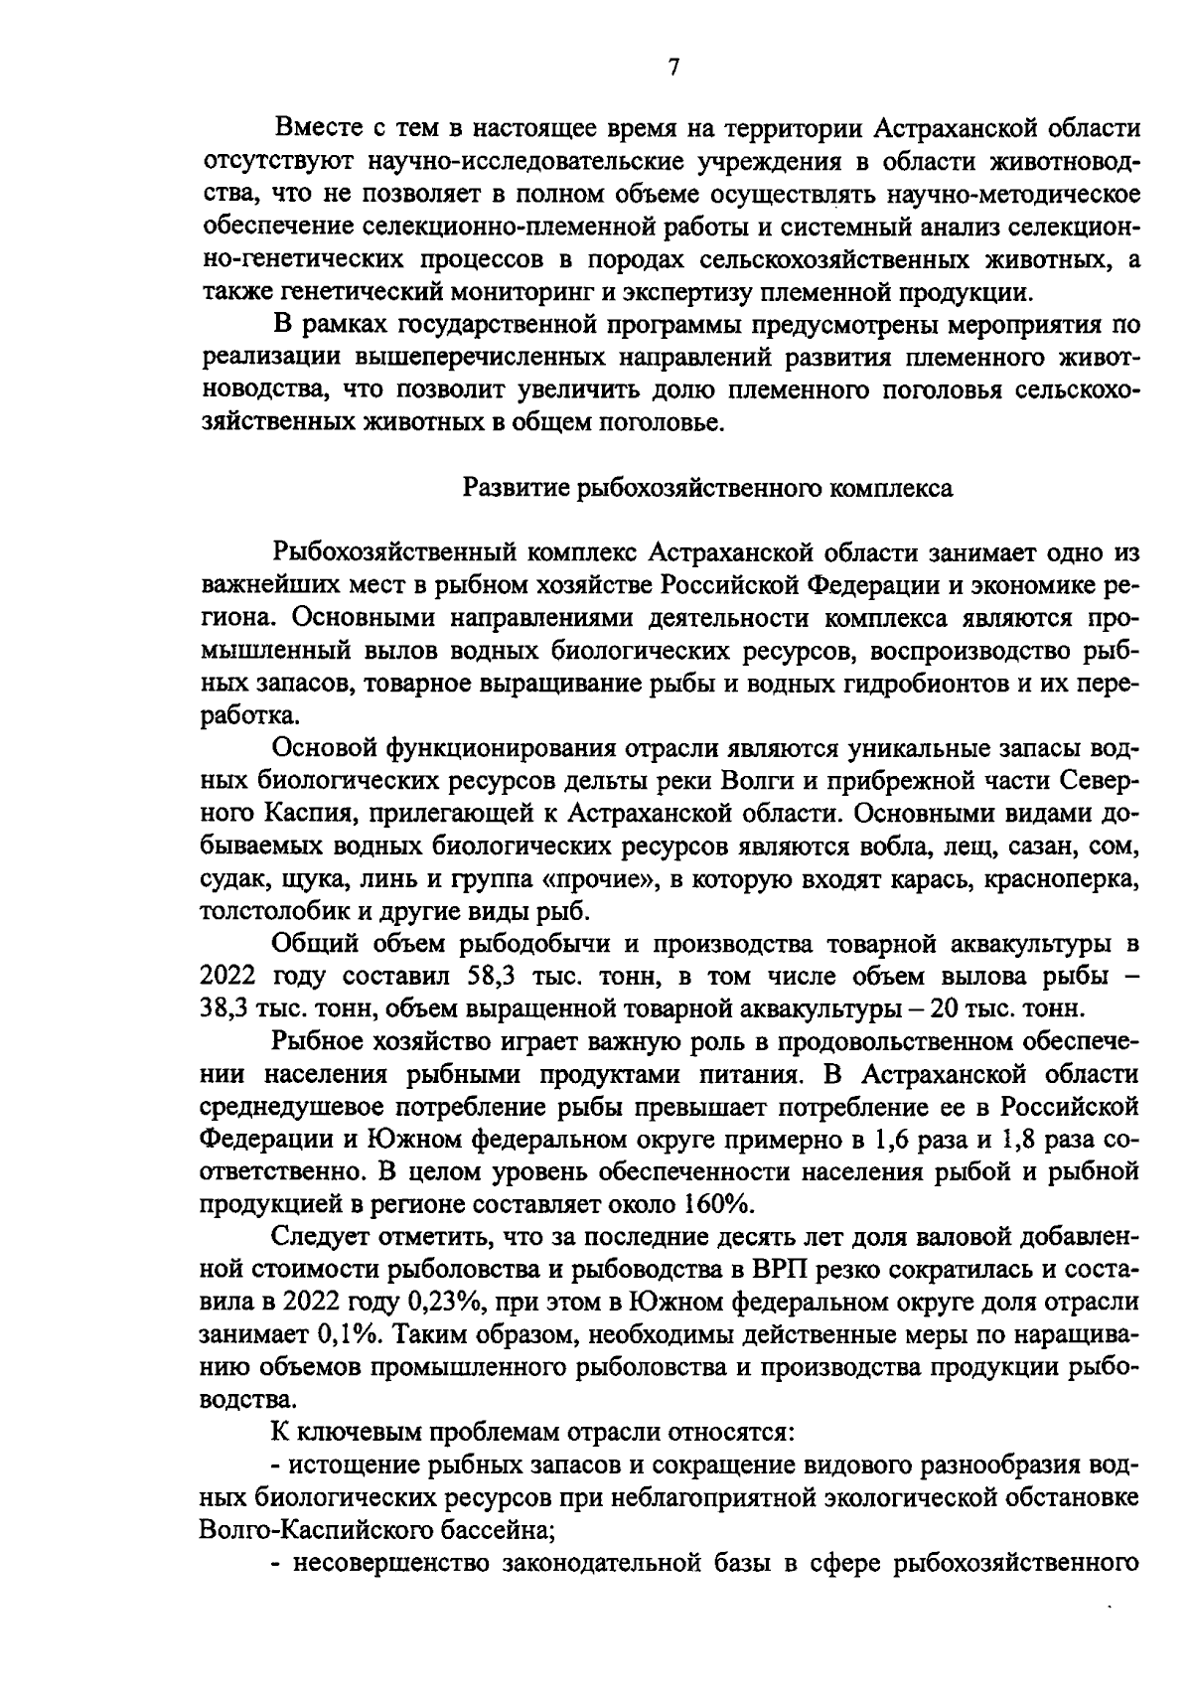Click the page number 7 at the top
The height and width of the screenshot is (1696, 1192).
pyautogui.click(x=672, y=68)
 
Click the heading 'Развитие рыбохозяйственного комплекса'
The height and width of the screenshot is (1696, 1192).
pyautogui.click(x=708, y=488)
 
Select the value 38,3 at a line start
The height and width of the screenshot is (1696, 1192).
pyautogui.click(x=225, y=1007)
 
